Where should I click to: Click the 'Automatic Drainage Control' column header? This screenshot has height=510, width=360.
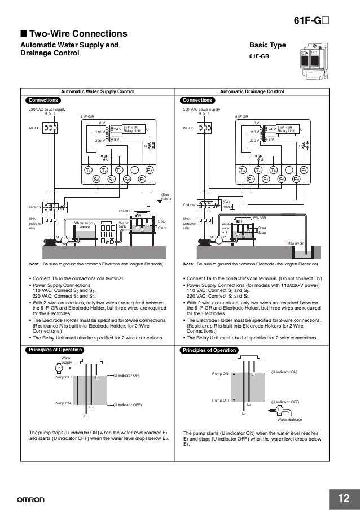coord(252,91)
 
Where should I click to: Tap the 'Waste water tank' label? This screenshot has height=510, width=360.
coord(226,228)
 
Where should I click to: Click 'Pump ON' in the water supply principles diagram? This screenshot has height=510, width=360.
coord(63,403)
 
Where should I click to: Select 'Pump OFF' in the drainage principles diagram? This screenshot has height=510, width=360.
coord(221,400)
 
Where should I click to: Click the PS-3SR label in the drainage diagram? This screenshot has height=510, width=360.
coord(259,217)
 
